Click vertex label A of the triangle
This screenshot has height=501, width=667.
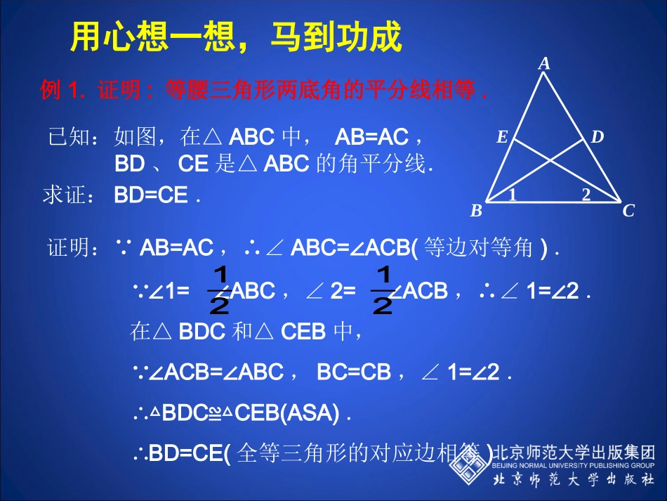click(x=544, y=64)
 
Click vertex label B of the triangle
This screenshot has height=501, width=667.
click(x=476, y=211)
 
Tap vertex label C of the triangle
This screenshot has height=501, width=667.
click(x=628, y=211)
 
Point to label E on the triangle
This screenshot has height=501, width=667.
click(x=502, y=138)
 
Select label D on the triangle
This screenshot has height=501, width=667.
click(x=597, y=137)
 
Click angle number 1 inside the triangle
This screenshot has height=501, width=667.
click(x=513, y=195)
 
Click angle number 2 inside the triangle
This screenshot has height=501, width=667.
click(x=586, y=195)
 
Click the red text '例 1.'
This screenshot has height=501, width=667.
click(x=62, y=91)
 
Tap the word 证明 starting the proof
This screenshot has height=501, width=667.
click(x=73, y=247)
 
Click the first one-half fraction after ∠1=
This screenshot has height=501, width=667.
click(x=219, y=289)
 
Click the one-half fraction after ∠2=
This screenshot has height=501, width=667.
click(x=382, y=289)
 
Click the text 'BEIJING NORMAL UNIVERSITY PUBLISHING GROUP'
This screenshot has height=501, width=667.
click(x=574, y=465)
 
